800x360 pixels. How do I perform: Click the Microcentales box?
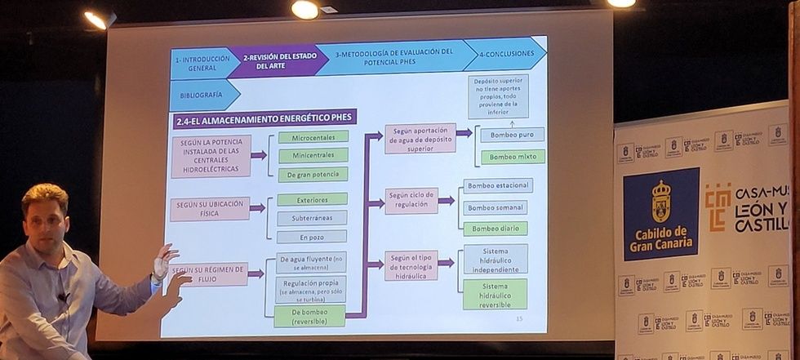pos(313,137)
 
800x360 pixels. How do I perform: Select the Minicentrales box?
pos(313,155)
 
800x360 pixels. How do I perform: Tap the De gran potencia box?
pos(313,174)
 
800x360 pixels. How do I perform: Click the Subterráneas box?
pos(312,218)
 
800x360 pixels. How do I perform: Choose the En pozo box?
pos(312,237)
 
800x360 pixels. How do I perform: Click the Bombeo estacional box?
pos(498,186)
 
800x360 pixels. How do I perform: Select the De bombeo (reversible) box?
pos(309,316)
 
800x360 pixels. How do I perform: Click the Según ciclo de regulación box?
pos(411,201)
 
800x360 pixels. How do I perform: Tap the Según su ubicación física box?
pos(210,209)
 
